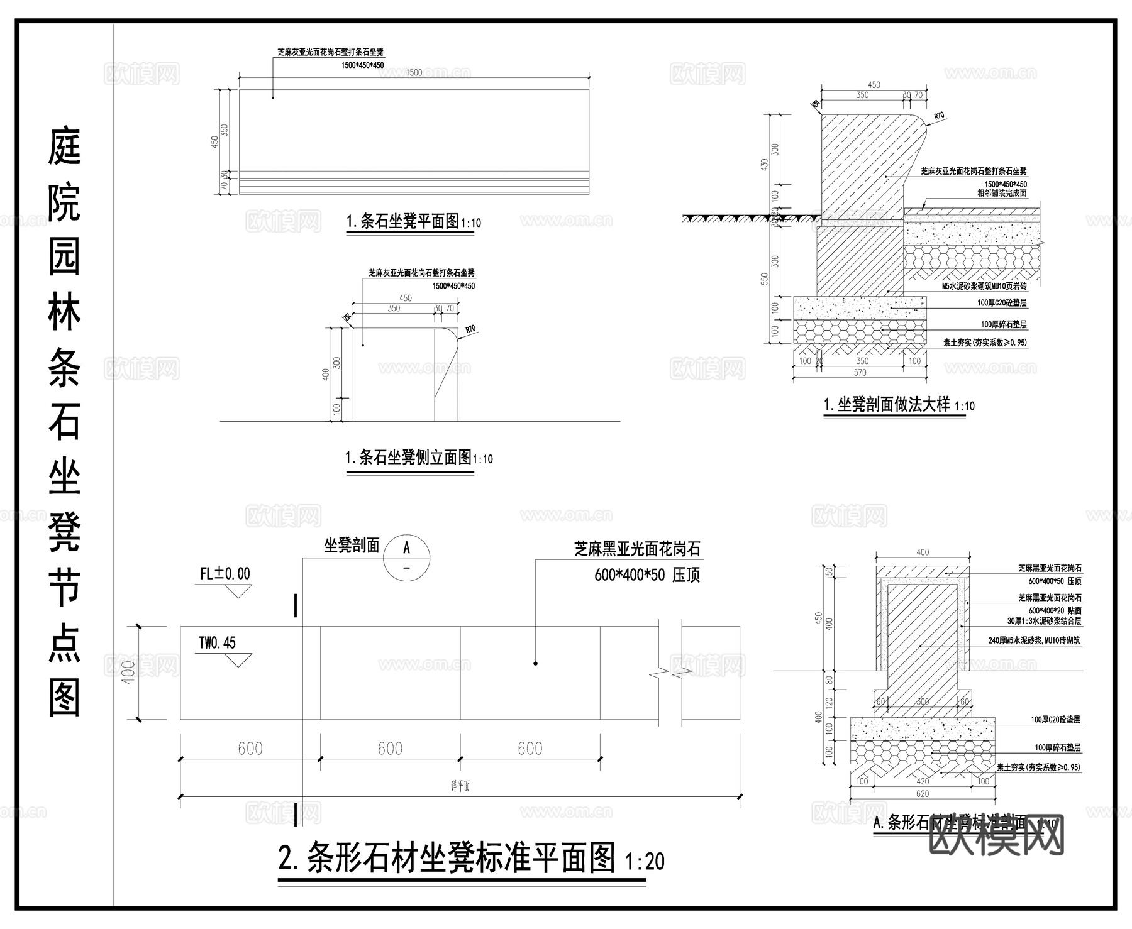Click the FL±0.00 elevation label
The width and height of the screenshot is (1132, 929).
pyautogui.click(x=225, y=573)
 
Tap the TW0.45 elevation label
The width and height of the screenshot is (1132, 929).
pyautogui.click(x=217, y=642)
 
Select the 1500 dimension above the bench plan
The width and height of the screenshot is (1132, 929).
pyautogui.click(x=413, y=72)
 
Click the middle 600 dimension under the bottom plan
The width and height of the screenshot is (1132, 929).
pyautogui.click(x=390, y=748)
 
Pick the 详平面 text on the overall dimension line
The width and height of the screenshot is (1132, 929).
pyautogui.click(x=460, y=786)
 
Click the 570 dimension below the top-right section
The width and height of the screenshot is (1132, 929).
pyautogui.click(x=860, y=373)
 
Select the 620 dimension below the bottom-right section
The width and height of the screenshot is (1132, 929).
pyautogui.click(x=922, y=794)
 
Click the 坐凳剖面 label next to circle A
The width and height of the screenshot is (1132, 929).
pyautogui.click(x=352, y=546)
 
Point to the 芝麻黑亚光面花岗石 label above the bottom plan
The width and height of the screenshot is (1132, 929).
pyautogui.click(x=637, y=549)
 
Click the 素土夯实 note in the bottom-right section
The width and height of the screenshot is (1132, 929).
pyautogui.click(x=1038, y=767)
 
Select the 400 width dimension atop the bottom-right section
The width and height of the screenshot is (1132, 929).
pyautogui.click(x=922, y=552)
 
